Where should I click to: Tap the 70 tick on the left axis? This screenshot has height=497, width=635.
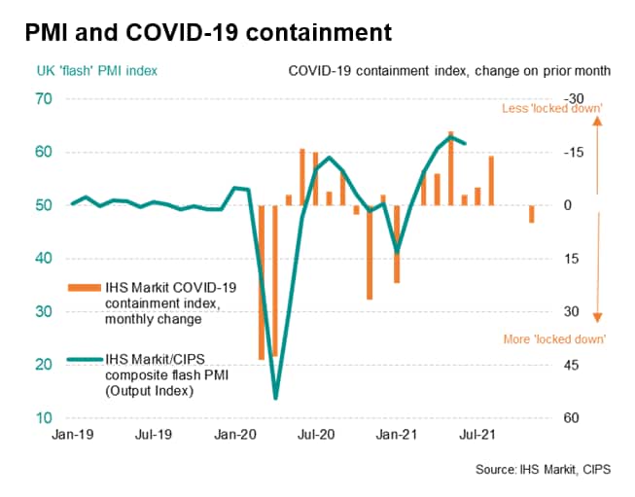[x=44, y=99]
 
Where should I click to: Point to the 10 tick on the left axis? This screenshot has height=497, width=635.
[x=44, y=418]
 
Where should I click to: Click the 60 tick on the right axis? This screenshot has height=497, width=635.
[x=573, y=418]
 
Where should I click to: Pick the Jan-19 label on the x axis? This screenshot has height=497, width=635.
[x=72, y=437]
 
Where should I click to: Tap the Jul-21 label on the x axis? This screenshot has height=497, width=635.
[x=473, y=437]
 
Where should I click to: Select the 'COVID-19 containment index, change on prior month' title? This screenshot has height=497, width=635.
[x=449, y=71]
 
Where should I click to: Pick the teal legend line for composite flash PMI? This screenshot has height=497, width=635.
[x=86, y=360]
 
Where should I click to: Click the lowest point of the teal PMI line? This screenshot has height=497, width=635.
[x=275, y=398]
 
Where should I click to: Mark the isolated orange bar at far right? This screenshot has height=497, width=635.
[x=531, y=214]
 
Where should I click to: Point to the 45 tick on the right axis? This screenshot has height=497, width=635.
[x=573, y=365]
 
